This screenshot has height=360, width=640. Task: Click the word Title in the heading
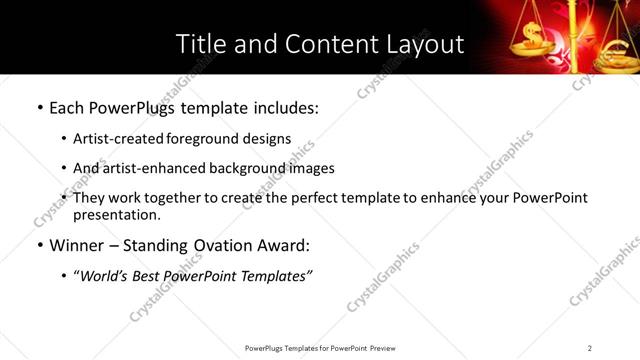click(200, 44)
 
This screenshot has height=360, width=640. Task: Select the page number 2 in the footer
click(590, 348)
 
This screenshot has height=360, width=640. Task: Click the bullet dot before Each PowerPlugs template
click(39, 107)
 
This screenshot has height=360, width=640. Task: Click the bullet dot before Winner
click(39, 246)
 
